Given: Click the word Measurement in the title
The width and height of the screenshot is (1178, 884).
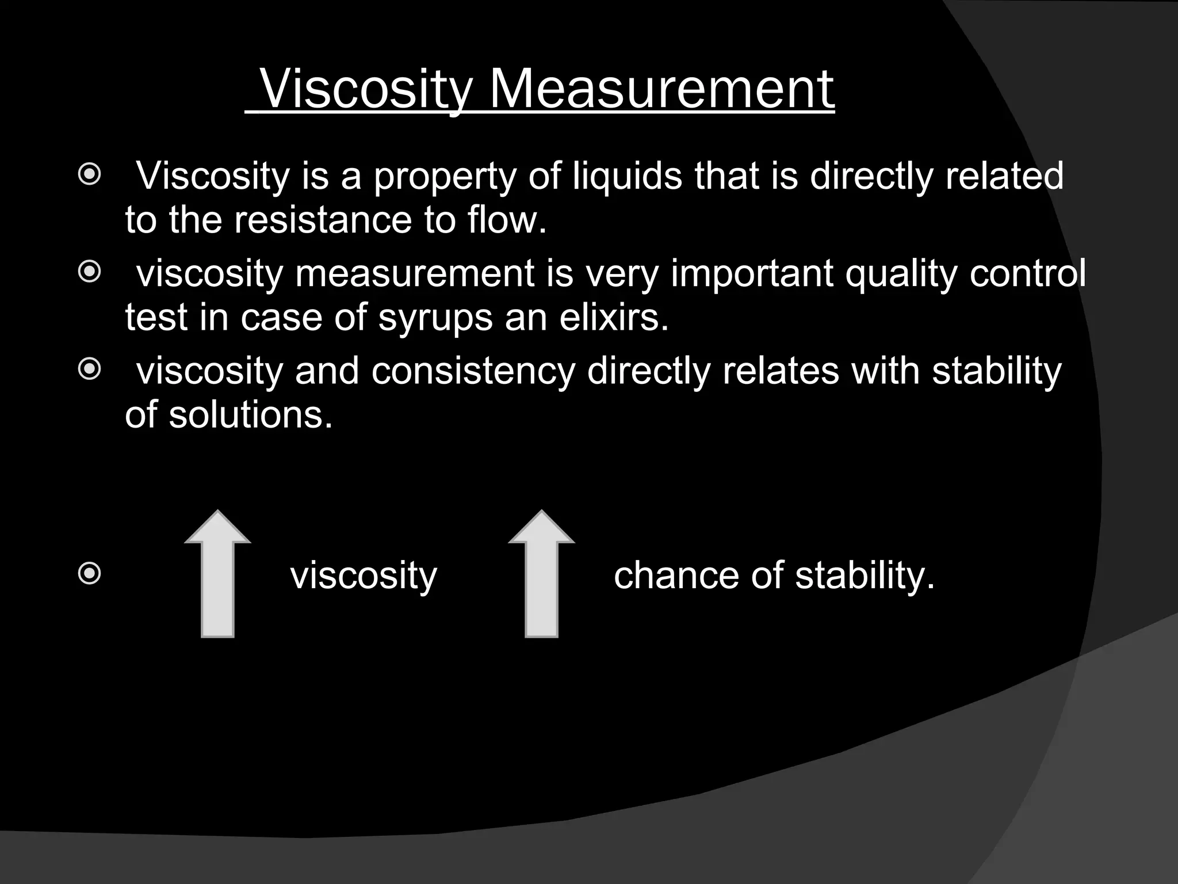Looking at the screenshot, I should click(x=661, y=90).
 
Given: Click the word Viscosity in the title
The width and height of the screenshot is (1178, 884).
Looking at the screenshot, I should click(x=366, y=90).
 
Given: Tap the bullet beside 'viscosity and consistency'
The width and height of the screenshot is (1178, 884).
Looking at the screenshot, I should click(x=89, y=369).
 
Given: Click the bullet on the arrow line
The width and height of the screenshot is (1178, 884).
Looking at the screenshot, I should click(x=89, y=573).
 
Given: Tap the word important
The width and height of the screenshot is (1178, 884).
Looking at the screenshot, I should click(x=752, y=273).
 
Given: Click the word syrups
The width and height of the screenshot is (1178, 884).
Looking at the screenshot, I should click(x=435, y=318).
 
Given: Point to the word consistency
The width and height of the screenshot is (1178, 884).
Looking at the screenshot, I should click(x=473, y=371).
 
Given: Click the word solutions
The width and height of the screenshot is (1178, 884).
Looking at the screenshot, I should click(x=250, y=415).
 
